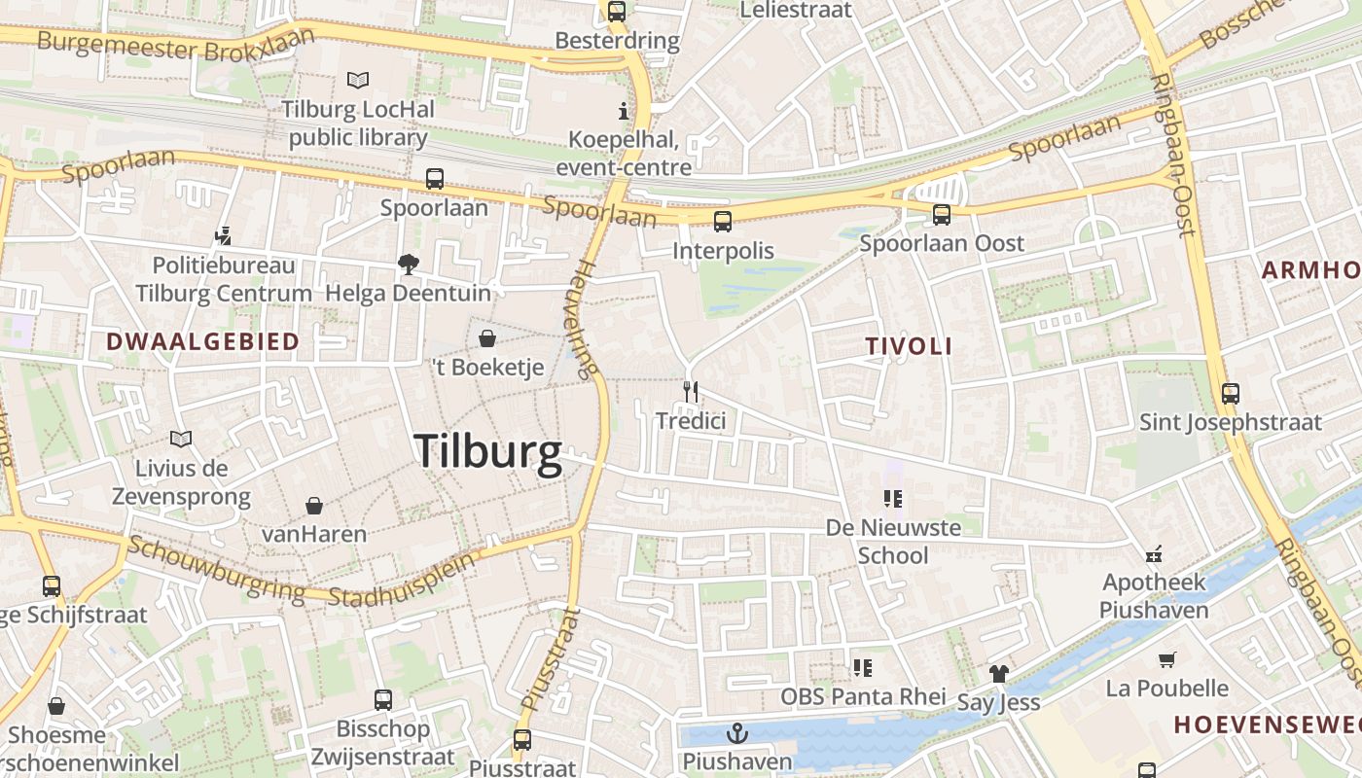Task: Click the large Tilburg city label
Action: click(487, 451)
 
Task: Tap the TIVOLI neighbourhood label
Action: click(909, 346)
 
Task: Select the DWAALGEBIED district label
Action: click(202, 341)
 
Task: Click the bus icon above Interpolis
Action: click(723, 222)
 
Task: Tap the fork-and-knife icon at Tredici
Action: click(691, 392)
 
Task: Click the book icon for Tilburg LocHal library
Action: click(358, 80)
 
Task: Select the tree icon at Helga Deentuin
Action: click(408, 264)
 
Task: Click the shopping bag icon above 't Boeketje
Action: click(486, 338)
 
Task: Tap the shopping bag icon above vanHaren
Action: click(314, 506)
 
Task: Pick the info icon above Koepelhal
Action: click(624, 111)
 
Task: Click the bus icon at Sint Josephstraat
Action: click(1231, 394)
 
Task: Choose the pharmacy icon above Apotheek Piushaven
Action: click(1154, 554)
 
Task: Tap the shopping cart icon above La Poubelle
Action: click(1167, 660)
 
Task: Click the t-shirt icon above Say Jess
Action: click(998, 673)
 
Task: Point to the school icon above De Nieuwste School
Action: click(892, 500)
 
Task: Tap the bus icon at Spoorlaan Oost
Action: click(941, 215)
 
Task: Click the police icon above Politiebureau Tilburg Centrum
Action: click(224, 235)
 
